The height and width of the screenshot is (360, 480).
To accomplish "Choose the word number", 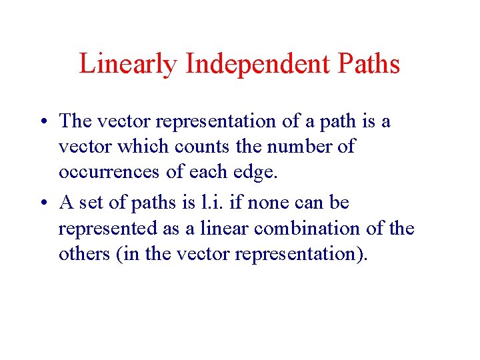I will click(x=293, y=147).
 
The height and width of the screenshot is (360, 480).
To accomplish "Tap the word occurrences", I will click(x=109, y=173).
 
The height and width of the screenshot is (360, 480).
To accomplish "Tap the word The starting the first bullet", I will click(x=75, y=121).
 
